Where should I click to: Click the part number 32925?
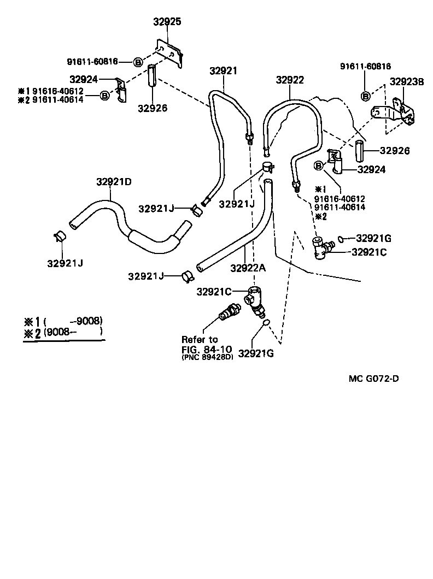(x=167, y=22)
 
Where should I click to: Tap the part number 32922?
(x=289, y=80)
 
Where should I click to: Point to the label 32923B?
(x=407, y=82)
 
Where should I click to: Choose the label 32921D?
(x=114, y=181)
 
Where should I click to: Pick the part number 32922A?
(x=248, y=268)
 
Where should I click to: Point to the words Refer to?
(x=200, y=339)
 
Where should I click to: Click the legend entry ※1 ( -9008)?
(x=63, y=321)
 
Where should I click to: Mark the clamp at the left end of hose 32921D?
(x=60, y=237)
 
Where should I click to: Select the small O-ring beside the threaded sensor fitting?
(x=265, y=323)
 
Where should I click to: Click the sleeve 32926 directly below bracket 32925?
(x=151, y=76)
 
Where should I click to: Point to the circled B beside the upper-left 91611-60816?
(x=138, y=62)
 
